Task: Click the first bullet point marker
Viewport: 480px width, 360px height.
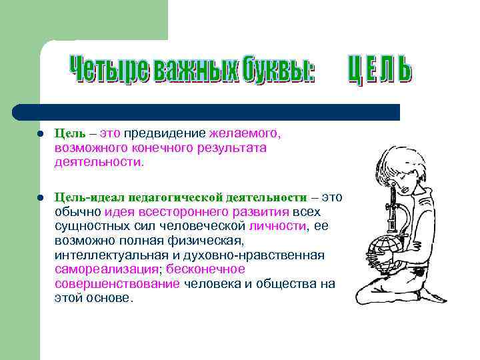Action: pos(41,133)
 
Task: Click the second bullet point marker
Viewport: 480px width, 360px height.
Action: pos(41,198)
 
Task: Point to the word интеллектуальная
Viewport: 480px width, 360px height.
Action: pos(110,255)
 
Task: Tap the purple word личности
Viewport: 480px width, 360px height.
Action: pos(278,226)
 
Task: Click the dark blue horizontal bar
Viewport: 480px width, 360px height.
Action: pos(207,111)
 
